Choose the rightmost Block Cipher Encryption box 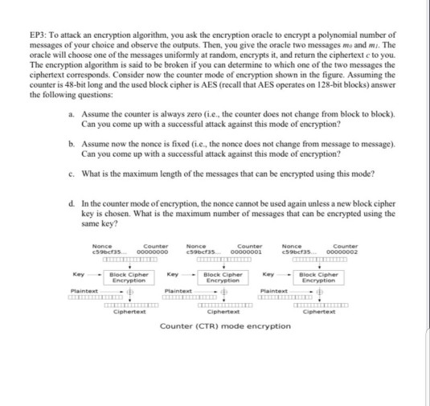point(317,278)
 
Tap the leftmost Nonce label point(102,244)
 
